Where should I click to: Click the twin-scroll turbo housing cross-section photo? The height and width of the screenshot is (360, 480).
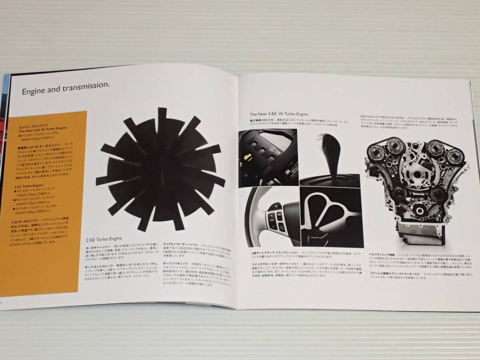(330, 218)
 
